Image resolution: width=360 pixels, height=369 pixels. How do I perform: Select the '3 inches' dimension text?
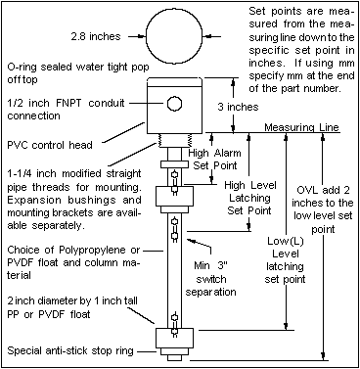coord(256,105)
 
